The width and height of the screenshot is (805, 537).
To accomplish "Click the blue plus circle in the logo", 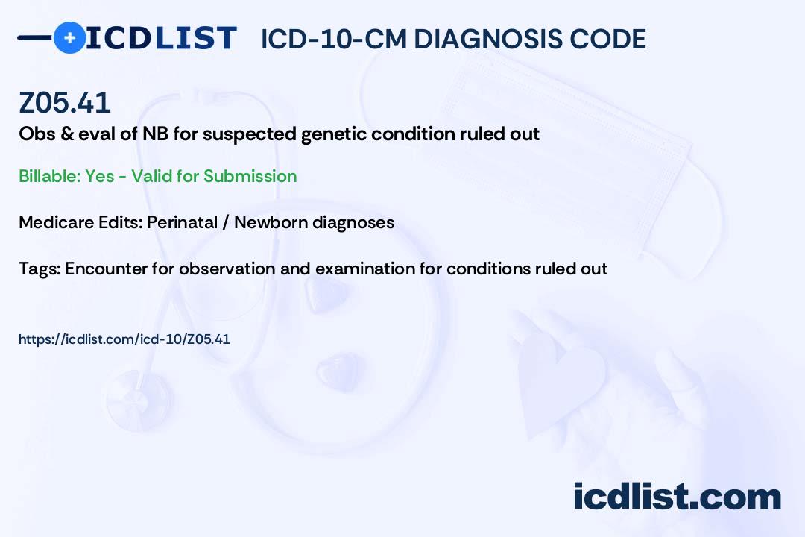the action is [x=69, y=37].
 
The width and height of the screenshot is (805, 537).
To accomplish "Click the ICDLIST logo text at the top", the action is [x=161, y=38].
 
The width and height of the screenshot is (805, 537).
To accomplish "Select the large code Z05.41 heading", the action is [x=65, y=102].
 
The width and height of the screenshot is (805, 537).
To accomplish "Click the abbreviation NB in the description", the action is [x=155, y=134].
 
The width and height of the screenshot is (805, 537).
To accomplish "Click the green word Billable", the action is [x=49, y=176].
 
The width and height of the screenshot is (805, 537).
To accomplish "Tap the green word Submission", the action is [x=250, y=176].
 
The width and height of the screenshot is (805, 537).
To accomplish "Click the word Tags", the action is [x=40, y=268].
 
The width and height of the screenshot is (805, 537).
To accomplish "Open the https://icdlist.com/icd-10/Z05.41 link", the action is [x=124, y=339].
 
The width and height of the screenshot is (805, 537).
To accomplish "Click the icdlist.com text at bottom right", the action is [x=677, y=497].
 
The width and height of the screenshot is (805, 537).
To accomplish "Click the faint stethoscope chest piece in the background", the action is [x=139, y=399].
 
